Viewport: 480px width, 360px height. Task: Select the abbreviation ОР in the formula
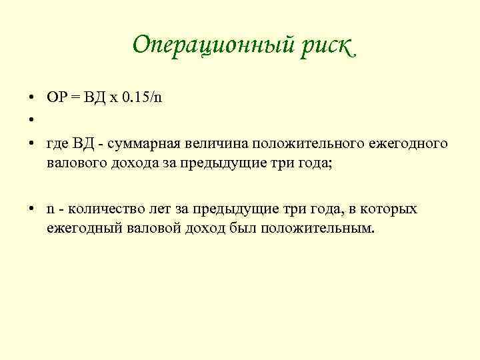tap(55, 97)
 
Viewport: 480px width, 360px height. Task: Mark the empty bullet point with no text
tap(31, 121)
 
